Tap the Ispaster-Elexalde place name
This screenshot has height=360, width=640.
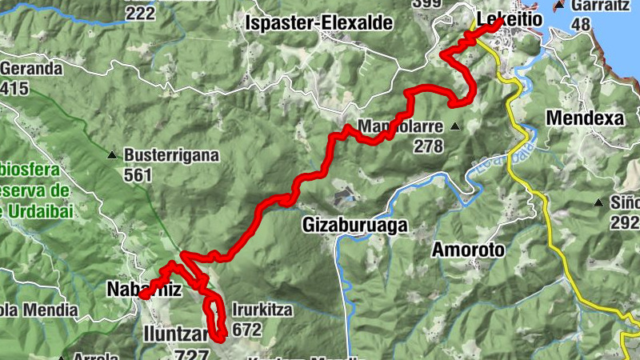point(321,23)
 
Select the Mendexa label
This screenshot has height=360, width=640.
point(584,118)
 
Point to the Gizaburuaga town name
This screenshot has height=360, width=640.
point(355,226)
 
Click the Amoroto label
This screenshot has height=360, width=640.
point(469,250)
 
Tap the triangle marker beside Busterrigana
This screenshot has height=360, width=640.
point(113,155)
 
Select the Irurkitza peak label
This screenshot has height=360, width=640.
point(262,310)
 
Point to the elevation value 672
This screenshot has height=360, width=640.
point(246,328)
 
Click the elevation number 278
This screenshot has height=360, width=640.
point(428,146)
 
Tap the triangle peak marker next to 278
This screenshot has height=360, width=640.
point(455,126)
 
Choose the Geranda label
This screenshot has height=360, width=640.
point(31,69)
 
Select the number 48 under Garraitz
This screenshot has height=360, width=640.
point(581,24)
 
